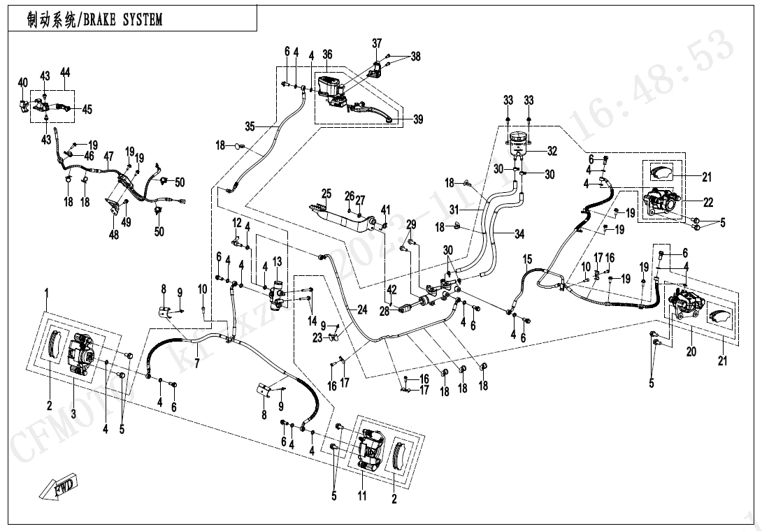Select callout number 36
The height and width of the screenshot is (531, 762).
tap(327, 54)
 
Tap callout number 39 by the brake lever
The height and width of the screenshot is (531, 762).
tap(418, 120)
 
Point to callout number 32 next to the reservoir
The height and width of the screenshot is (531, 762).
tap(552, 150)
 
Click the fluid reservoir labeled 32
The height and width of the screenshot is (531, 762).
tap(517, 144)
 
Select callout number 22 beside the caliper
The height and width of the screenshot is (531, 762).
tap(708, 203)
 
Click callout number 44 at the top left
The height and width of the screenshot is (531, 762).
tap(66, 73)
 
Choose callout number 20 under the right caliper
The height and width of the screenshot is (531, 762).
tap(691, 352)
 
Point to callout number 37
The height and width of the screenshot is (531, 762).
tap(377, 43)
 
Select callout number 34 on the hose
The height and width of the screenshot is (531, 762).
tap(519, 235)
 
